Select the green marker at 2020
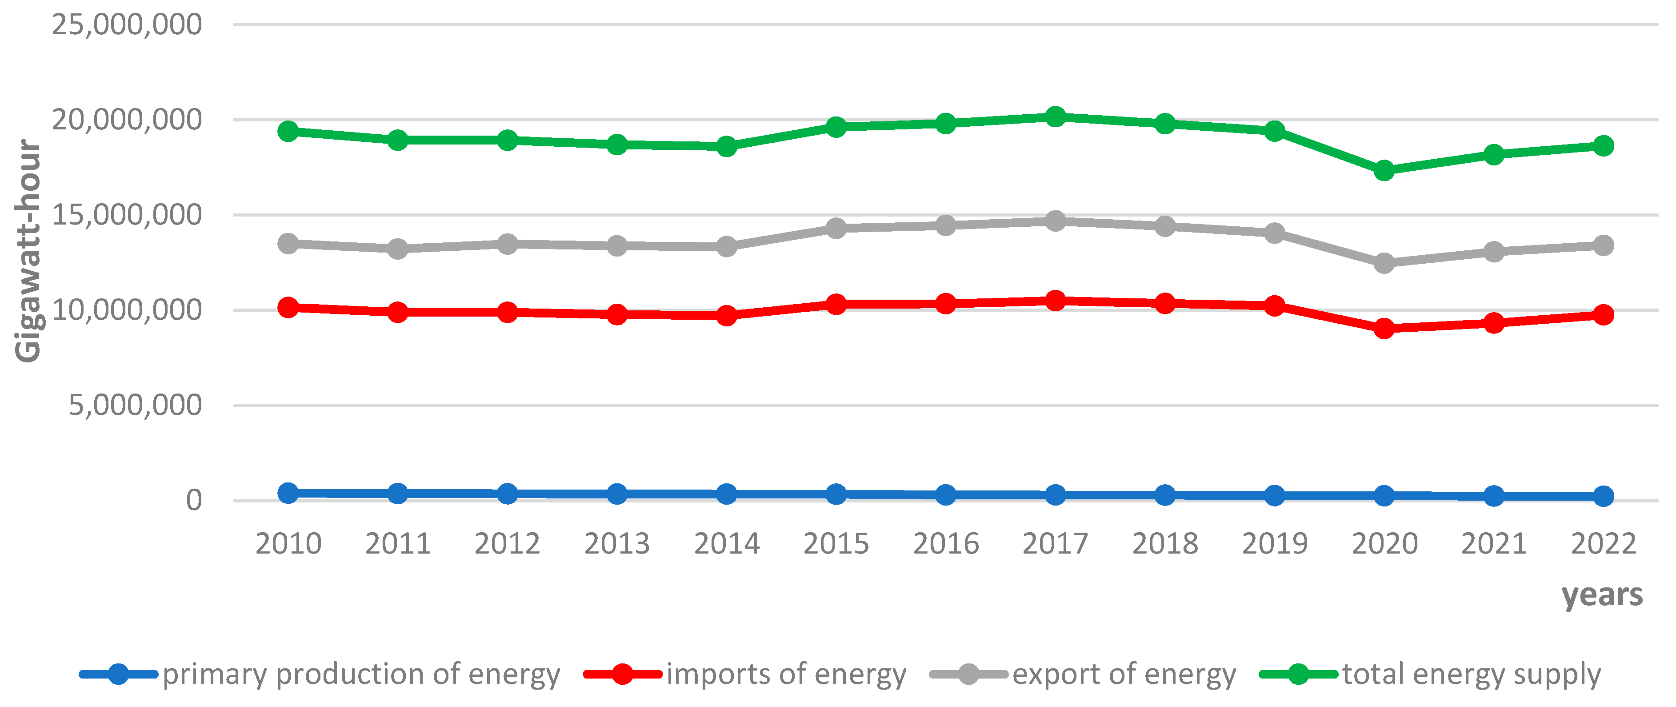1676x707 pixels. (x=1384, y=171)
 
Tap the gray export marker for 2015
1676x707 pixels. (x=836, y=228)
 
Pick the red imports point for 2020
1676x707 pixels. (x=1384, y=328)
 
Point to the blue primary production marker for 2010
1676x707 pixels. (x=288, y=493)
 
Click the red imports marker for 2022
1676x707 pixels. (x=1603, y=314)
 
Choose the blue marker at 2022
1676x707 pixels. (x=1603, y=496)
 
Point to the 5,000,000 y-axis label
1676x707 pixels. (x=135, y=406)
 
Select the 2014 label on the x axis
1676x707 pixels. (x=726, y=544)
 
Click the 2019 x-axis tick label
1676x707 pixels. (x=1275, y=544)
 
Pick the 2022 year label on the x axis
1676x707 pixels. (x=1603, y=544)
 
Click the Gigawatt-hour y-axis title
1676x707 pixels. (x=28, y=251)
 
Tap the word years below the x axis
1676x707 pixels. (x=1602, y=595)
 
